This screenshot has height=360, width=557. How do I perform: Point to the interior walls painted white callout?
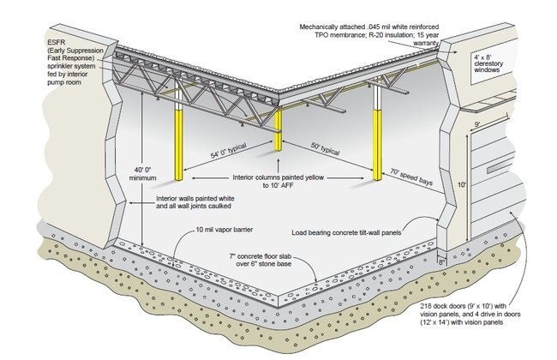[x=195, y=202]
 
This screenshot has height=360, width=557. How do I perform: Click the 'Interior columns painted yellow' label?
[x=278, y=181]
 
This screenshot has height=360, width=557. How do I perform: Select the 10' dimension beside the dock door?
[x=461, y=183]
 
